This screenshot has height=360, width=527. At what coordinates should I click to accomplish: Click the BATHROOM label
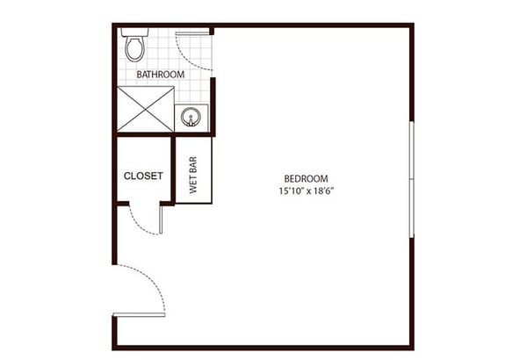click(x=161, y=75)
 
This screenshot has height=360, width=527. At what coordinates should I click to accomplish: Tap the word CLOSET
click(x=143, y=176)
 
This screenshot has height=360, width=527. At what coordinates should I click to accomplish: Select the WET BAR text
click(x=193, y=175)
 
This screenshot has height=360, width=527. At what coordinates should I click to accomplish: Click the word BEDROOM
click(x=306, y=178)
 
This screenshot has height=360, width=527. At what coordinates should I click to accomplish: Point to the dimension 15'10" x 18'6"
click(x=307, y=191)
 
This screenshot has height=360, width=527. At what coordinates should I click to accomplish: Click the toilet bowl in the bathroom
click(x=134, y=49)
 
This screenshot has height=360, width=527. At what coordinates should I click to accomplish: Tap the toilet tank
click(x=134, y=32)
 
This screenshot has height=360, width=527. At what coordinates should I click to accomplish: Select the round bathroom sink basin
click(x=191, y=117)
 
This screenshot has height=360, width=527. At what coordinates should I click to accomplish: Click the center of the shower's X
click(x=145, y=109)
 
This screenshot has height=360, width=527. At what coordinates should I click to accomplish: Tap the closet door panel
click(x=161, y=220)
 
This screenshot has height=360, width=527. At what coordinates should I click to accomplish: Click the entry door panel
click(x=139, y=314)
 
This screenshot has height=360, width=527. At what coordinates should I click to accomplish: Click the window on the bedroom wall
click(x=411, y=179)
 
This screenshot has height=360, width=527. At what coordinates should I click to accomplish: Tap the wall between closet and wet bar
click(x=173, y=169)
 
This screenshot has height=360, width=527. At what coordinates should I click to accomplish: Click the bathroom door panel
click(x=192, y=33)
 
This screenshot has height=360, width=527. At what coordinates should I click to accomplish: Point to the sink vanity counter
click(x=191, y=118)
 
